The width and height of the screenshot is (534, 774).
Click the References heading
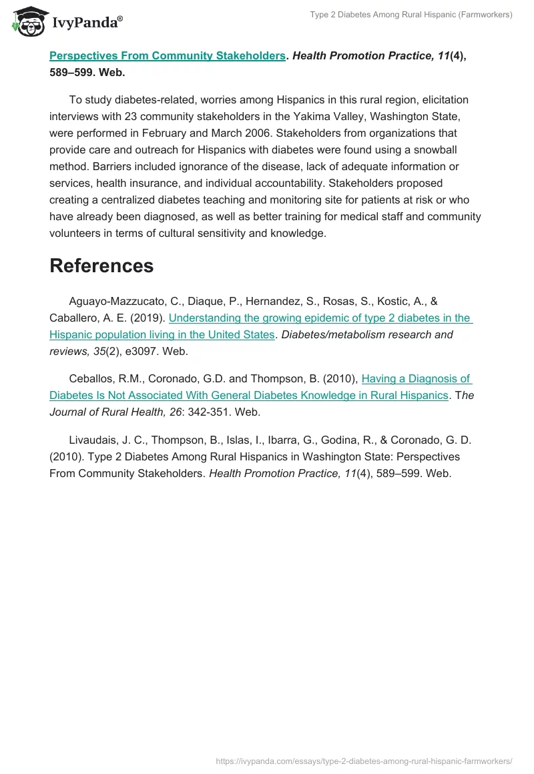point(101,266)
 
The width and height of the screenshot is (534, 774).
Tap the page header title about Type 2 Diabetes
point(411,15)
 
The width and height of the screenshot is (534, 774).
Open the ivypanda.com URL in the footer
point(364,761)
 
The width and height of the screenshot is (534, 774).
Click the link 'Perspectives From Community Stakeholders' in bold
point(168,56)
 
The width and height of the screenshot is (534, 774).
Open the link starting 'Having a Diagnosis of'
point(416,379)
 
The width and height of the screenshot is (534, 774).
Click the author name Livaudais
point(93,440)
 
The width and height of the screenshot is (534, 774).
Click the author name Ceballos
point(92,379)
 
